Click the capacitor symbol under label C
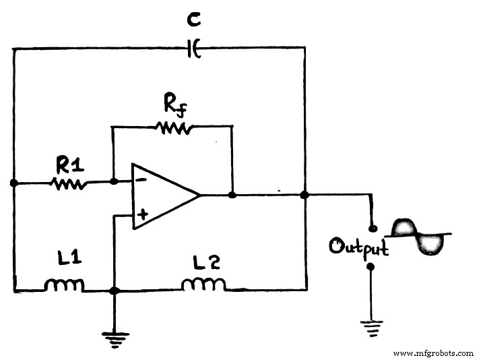click(194, 48)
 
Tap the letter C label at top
click(194, 22)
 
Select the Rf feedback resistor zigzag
click(173, 126)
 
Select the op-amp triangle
click(162, 196)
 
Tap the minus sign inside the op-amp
click(141, 181)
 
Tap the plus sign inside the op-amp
click(142, 214)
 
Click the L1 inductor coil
click(64, 286)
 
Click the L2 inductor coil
click(203, 285)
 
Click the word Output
click(358, 247)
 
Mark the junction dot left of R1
click(13, 182)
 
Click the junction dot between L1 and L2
click(115, 291)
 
